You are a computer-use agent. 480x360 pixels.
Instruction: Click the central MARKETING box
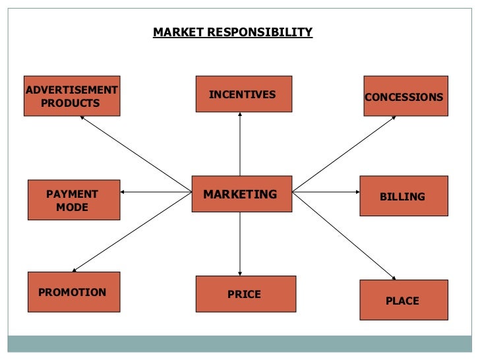[241, 194]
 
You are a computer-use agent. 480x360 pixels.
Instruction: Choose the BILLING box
[404, 196]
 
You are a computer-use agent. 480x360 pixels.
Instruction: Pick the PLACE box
[404, 300]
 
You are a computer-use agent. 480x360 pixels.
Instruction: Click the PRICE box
[245, 294]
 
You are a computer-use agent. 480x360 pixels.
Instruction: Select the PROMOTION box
[74, 292]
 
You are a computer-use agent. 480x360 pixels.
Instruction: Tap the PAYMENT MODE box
[74, 200]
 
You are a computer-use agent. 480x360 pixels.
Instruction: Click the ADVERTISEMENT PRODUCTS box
[72, 96]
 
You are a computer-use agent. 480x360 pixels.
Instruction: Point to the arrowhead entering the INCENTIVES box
[240, 115]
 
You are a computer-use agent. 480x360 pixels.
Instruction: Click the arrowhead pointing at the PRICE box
[240, 273]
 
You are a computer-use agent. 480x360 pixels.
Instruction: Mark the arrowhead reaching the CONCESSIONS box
[394, 118]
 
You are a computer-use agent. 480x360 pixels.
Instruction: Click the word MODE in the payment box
[72, 207]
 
